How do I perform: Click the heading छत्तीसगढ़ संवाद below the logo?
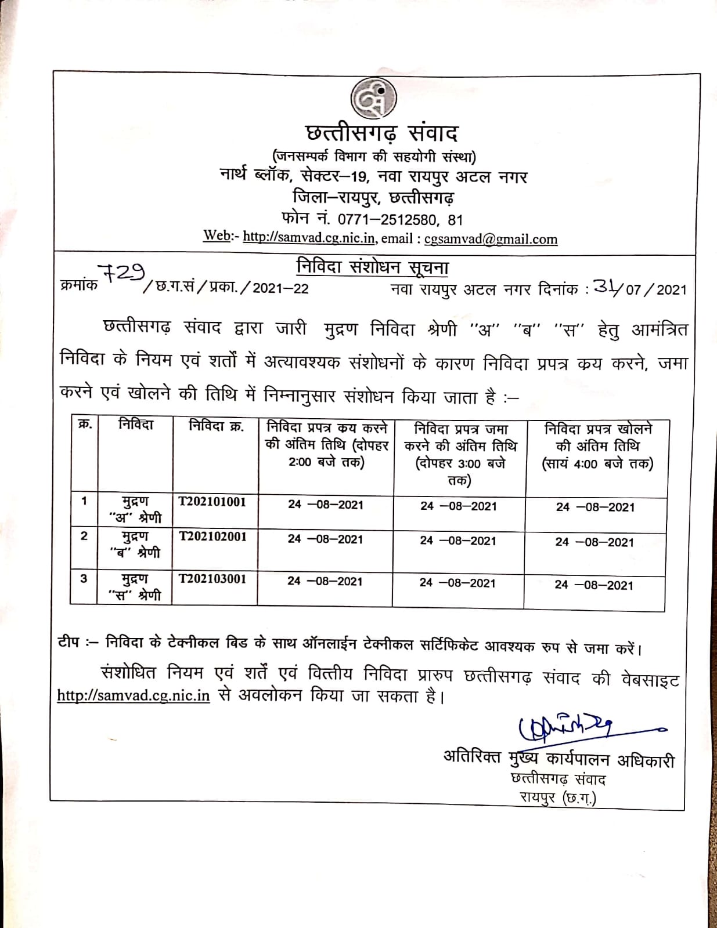pyautogui.click(x=381, y=133)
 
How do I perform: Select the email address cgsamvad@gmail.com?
pyautogui.click(x=491, y=239)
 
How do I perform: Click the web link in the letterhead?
pyautogui.click(x=310, y=237)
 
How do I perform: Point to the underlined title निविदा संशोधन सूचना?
pyautogui.click(x=372, y=267)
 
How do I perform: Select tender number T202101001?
pyautogui.click(x=212, y=502)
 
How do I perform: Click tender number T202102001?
pyautogui.click(x=212, y=536)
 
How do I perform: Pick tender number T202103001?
pyautogui.click(x=212, y=579)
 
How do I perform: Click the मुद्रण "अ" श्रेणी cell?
pyautogui.click(x=135, y=509)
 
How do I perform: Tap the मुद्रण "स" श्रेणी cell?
pyautogui.click(x=135, y=586)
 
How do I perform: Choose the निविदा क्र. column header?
pyautogui.click(x=216, y=426)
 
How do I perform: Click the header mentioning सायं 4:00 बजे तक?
pyautogui.click(x=597, y=446)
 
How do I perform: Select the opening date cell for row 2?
pyautogui.click(x=595, y=542)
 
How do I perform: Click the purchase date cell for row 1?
pyautogui.click(x=325, y=505)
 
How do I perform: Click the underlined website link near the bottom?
pyautogui.click(x=133, y=695)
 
